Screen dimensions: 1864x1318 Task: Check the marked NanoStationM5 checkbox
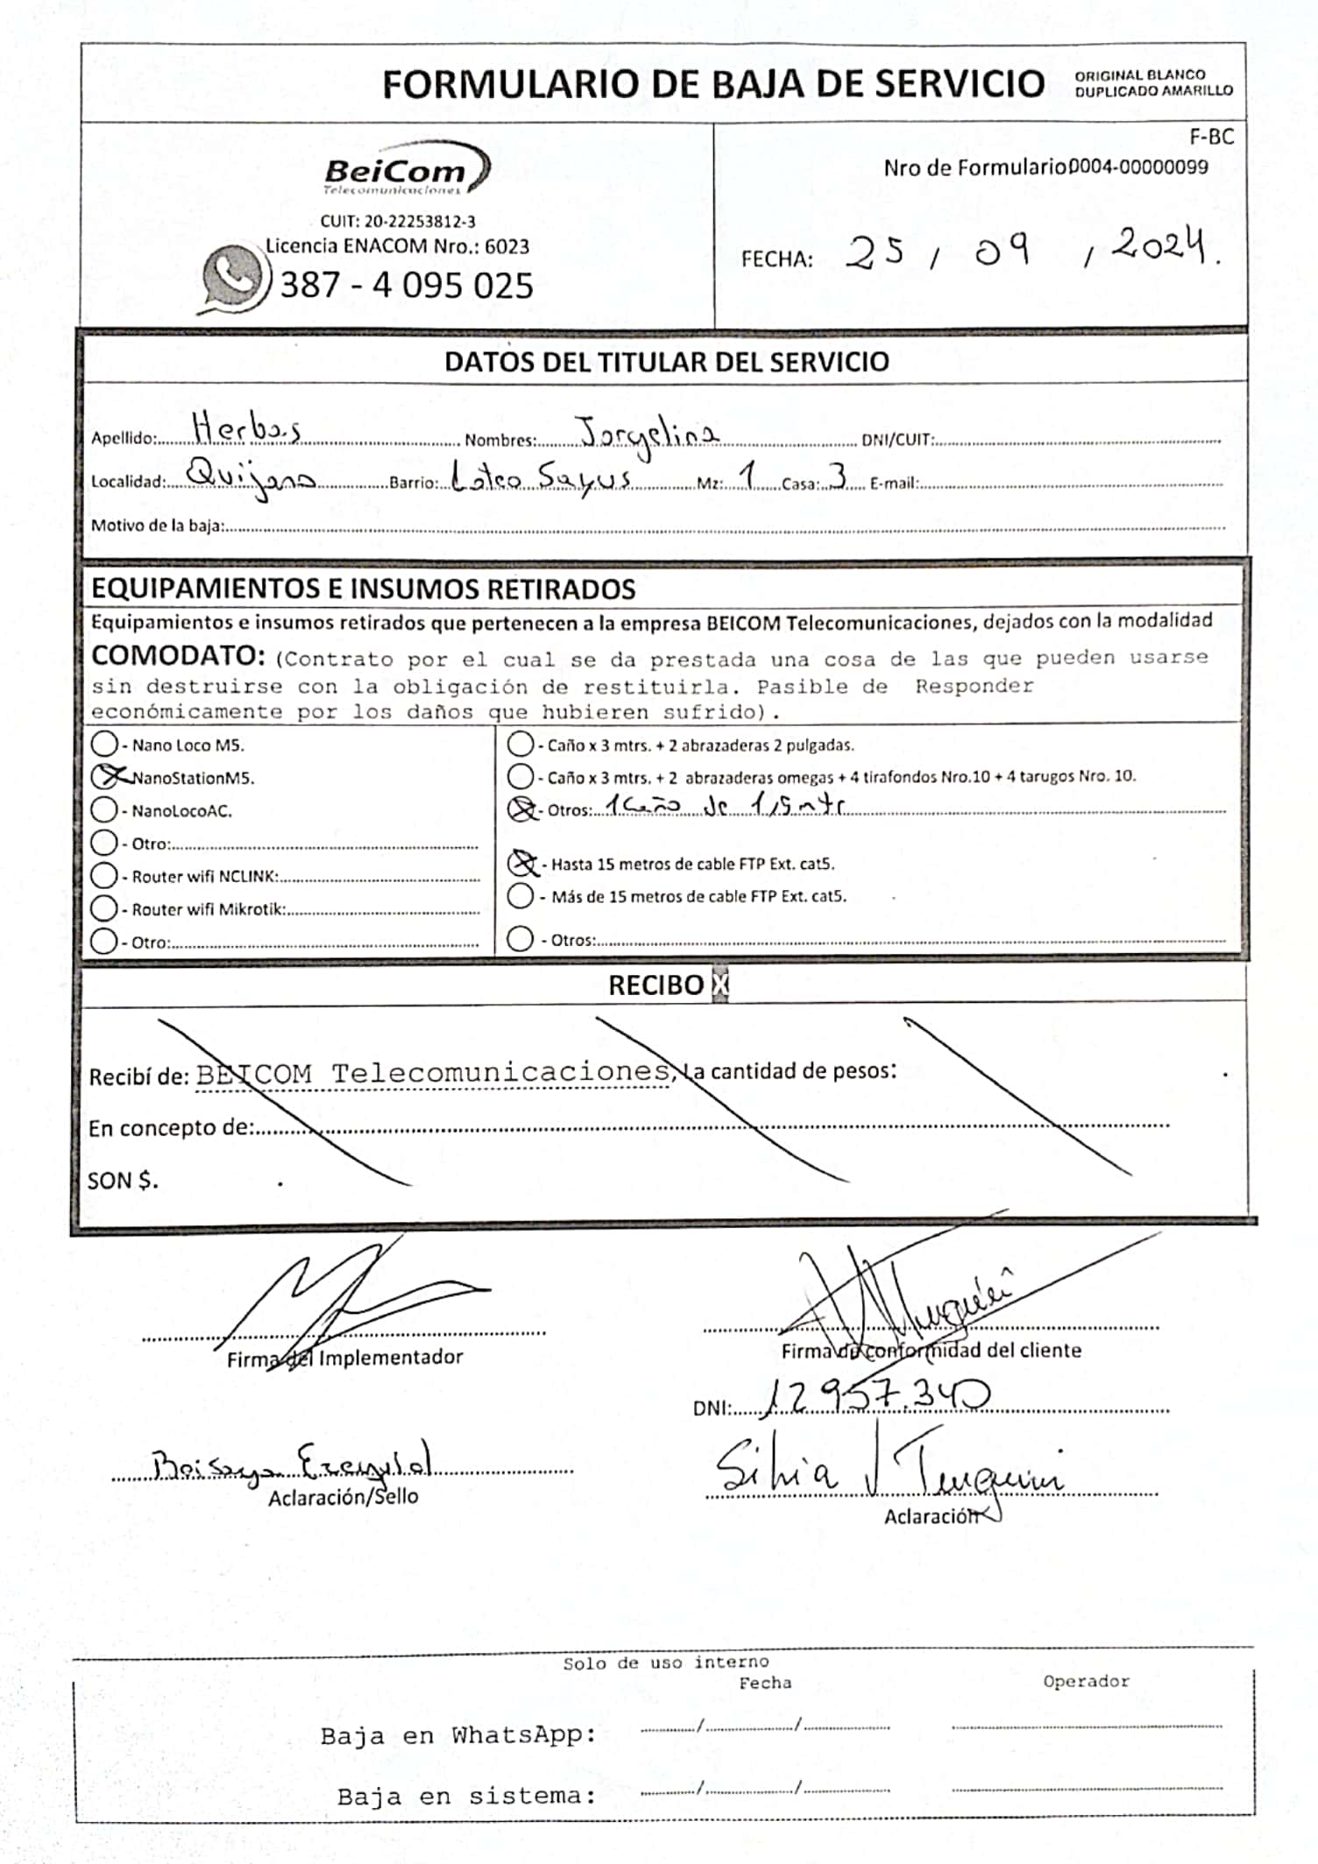[x=105, y=777]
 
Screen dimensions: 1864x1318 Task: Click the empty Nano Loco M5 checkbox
[x=104, y=744]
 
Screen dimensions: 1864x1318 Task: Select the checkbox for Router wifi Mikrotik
[x=104, y=908]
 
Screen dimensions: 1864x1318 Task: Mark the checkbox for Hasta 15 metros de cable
[x=522, y=864]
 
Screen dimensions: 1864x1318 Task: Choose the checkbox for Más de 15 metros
[x=521, y=895]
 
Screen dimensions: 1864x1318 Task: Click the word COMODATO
[x=177, y=655]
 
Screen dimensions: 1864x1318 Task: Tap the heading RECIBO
[x=655, y=985]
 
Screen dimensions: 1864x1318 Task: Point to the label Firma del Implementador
[x=344, y=1357]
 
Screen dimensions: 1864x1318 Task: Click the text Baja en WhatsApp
[x=457, y=1734]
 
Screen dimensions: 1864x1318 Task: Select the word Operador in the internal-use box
[x=1086, y=1681]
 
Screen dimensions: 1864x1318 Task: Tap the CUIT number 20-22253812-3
[x=398, y=222]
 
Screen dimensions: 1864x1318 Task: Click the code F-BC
[x=1211, y=137]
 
